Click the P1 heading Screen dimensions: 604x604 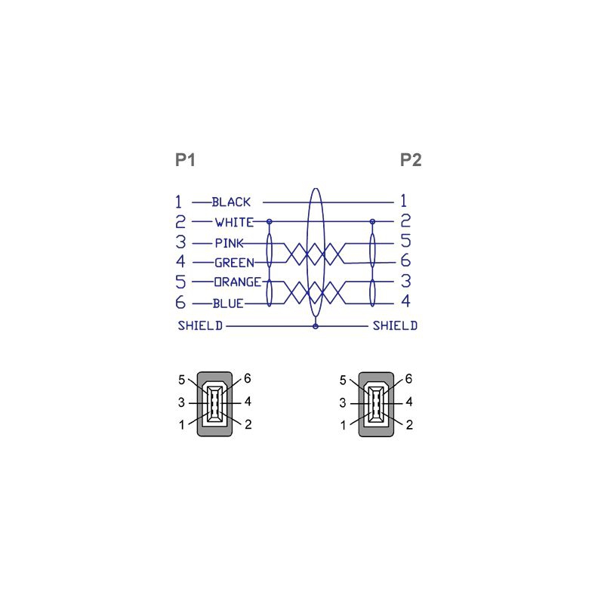click(185, 160)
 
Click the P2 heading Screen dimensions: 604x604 click(411, 160)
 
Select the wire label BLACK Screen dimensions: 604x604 click(231, 202)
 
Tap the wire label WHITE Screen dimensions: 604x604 click(234, 222)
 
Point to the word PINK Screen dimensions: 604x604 click(230, 243)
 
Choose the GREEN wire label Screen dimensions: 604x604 click(234, 263)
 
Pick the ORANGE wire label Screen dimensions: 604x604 click(238, 282)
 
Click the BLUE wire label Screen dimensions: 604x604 click(228, 304)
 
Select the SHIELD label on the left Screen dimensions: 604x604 click(200, 326)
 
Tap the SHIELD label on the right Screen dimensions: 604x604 click(395, 326)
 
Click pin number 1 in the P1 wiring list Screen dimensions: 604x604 click(178, 202)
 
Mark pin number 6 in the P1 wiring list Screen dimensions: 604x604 click(180, 303)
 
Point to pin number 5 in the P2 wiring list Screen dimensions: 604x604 click(405, 240)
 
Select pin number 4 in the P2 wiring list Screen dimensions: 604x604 click(405, 300)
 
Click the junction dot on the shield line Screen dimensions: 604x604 click(316, 326)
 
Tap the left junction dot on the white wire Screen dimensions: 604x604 click(270, 221)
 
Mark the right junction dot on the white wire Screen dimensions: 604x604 click(372, 221)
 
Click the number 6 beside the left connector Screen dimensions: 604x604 click(248, 379)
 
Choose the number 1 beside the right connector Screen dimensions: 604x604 click(343, 425)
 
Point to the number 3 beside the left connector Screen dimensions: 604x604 click(181, 402)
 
